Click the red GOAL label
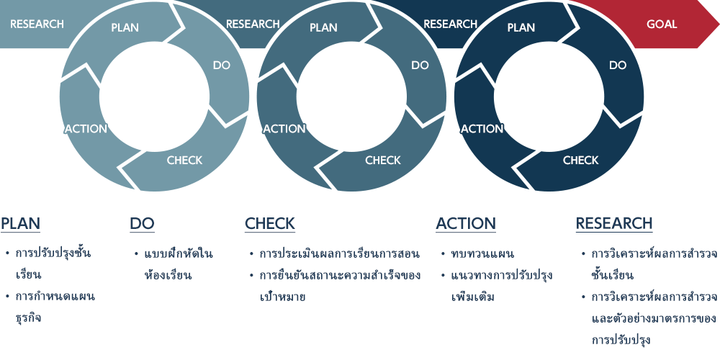(662, 24)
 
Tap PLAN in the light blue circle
(125, 27)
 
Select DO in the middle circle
(420, 66)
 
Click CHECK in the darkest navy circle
(581, 161)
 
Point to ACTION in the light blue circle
(86, 129)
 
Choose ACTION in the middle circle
(284, 129)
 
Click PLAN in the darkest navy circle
(521, 27)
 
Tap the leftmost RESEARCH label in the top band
(37, 24)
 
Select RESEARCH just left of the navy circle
(451, 24)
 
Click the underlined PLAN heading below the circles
(21, 224)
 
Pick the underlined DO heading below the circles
(142, 224)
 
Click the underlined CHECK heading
(270, 224)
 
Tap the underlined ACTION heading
(466, 224)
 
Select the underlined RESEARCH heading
(614, 224)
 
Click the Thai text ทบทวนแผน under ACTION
(482, 254)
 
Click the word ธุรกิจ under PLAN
(29, 318)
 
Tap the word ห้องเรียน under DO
(167, 276)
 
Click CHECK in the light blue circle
(184, 161)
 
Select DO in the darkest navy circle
(618, 66)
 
